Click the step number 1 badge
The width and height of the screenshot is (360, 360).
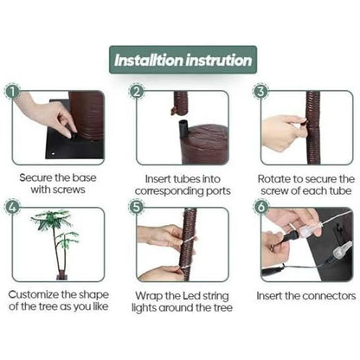[12, 92]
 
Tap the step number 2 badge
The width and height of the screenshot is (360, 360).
[137, 92]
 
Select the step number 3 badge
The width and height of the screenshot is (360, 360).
[260, 92]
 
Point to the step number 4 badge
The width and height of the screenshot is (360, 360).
[12, 207]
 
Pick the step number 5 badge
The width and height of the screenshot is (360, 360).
[137, 207]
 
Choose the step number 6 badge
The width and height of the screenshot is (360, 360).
[260, 207]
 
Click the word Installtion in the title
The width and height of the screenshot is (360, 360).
[149, 61]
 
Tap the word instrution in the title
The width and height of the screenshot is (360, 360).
[219, 61]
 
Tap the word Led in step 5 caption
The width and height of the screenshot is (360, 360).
[191, 296]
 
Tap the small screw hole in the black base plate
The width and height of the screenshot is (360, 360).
[53, 154]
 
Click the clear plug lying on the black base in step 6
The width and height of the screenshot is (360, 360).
[342, 250]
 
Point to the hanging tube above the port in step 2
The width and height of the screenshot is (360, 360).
[179, 103]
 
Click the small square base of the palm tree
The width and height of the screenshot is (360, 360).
[62, 276]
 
